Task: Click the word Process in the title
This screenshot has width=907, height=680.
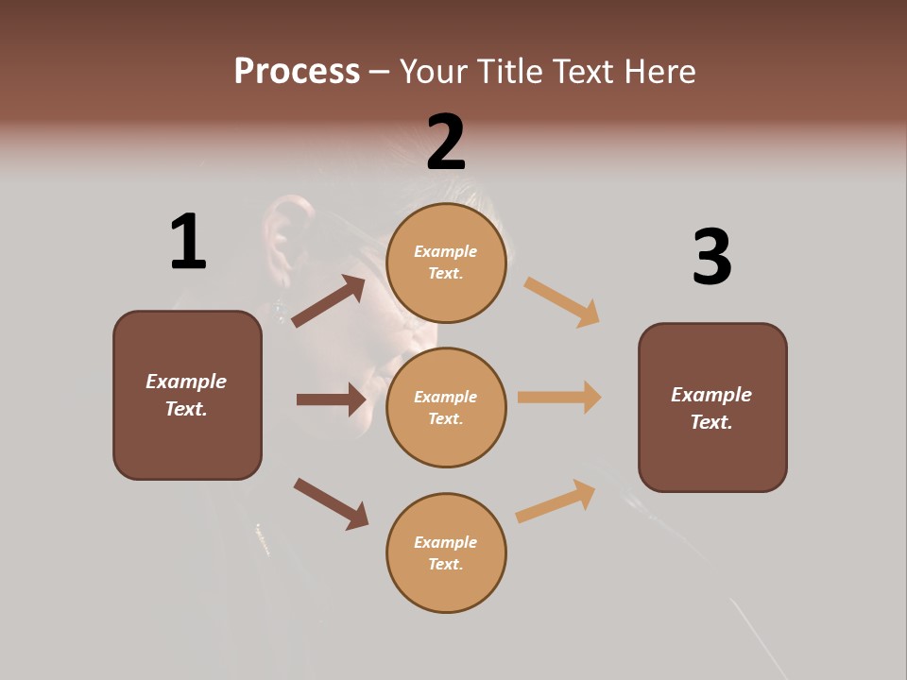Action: [x=297, y=71]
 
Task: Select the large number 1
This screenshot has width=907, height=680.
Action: [x=188, y=242]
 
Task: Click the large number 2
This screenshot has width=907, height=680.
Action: [x=446, y=142]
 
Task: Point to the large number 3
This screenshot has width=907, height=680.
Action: [x=711, y=257]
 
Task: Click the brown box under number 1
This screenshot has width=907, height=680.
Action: [x=187, y=395]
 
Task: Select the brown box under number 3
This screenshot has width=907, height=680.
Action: [x=712, y=408]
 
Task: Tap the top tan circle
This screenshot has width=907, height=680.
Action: [x=446, y=263]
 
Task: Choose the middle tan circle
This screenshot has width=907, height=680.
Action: [x=446, y=408]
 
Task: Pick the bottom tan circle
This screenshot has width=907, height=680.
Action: [x=446, y=553]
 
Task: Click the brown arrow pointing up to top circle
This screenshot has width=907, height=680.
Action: [x=329, y=301]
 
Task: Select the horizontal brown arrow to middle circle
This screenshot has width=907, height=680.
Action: [x=331, y=399]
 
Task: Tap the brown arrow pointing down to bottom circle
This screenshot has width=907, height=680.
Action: [x=331, y=503]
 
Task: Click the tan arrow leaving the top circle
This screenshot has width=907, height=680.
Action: [x=562, y=301]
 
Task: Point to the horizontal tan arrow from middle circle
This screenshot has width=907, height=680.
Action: [x=559, y=398]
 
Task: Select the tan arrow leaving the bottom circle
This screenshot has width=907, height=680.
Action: [x=556, y=501]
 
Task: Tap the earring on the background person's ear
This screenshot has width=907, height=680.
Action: [x=280, y=308]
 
